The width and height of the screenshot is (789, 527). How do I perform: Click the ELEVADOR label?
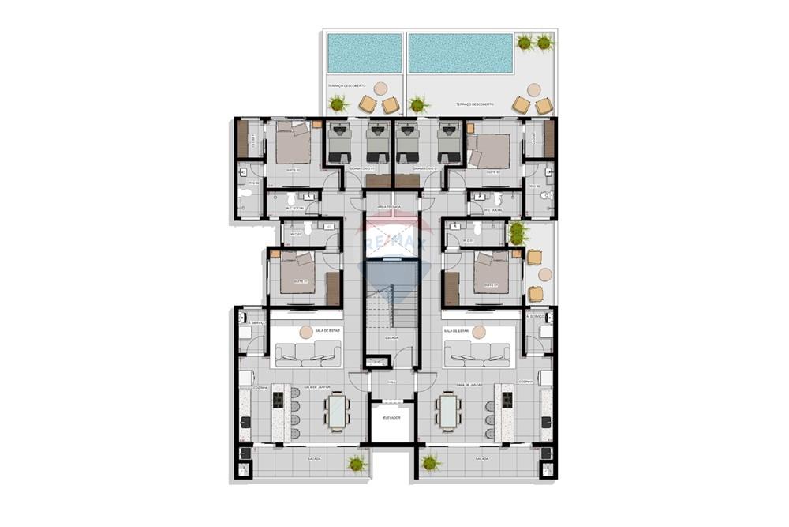coord(392,417)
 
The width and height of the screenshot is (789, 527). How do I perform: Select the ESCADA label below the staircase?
coord(392,337)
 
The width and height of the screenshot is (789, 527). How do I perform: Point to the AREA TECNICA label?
coord(389,207)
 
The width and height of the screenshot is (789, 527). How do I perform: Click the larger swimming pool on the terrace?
coord(459,52)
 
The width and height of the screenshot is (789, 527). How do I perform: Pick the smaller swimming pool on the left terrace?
coord(364,52)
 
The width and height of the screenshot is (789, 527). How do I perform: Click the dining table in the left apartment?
coord(337,411)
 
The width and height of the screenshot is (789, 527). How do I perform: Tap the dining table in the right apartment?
coord(448,411)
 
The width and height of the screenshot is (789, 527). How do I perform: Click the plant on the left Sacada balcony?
coord(357,463)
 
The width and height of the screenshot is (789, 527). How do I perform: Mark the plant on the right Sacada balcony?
coord(429,463)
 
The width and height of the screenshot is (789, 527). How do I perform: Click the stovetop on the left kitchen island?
coord(278,400)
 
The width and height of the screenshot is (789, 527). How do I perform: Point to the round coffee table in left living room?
coord(306,333)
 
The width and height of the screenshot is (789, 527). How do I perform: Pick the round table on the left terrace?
coord(380,88)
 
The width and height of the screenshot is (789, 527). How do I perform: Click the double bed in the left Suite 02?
coord(293,146)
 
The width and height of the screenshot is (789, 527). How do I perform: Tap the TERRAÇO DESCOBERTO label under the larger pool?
coord(474,104)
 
